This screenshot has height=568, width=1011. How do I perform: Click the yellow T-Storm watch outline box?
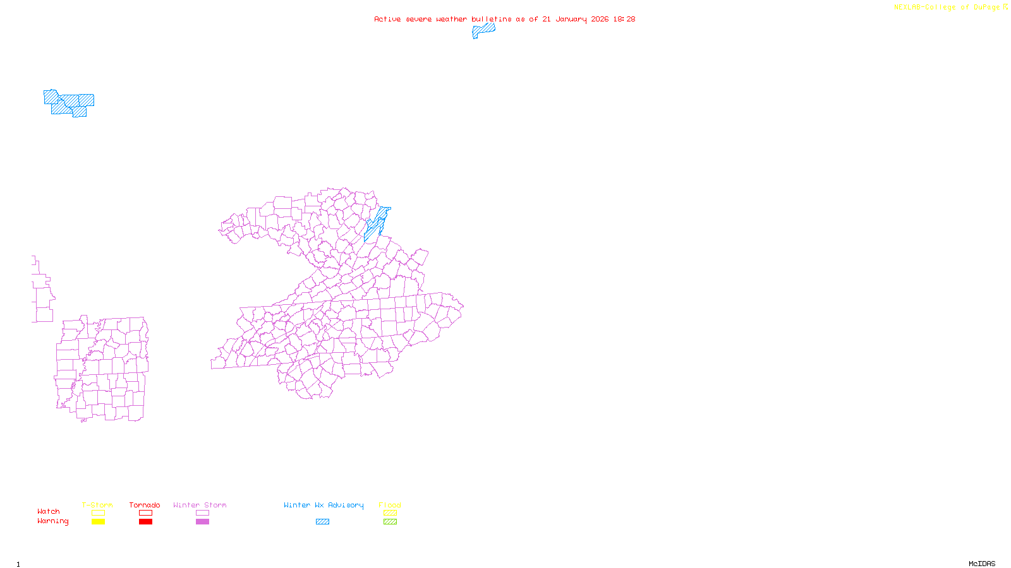98,513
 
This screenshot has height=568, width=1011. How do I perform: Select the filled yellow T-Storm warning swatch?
98,522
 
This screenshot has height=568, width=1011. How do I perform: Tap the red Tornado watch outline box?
145,513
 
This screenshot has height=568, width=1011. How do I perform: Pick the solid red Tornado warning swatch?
145,522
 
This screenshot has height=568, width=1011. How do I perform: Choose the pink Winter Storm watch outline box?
202,513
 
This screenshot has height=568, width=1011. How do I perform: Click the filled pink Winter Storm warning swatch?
202,522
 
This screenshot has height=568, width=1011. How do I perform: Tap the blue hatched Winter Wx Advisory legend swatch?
322,522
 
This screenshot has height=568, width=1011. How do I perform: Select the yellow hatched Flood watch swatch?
390,513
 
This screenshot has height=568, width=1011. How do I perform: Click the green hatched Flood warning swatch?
390,522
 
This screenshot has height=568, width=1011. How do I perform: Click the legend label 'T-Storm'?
97,505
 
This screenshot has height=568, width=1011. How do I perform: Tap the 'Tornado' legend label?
145,505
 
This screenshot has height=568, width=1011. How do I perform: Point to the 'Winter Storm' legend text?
200,505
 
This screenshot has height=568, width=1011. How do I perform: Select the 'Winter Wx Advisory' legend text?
324,505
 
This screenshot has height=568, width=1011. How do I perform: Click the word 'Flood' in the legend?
390,505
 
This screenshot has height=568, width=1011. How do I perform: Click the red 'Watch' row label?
49,511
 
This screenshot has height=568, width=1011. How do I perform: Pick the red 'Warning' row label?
52,521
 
